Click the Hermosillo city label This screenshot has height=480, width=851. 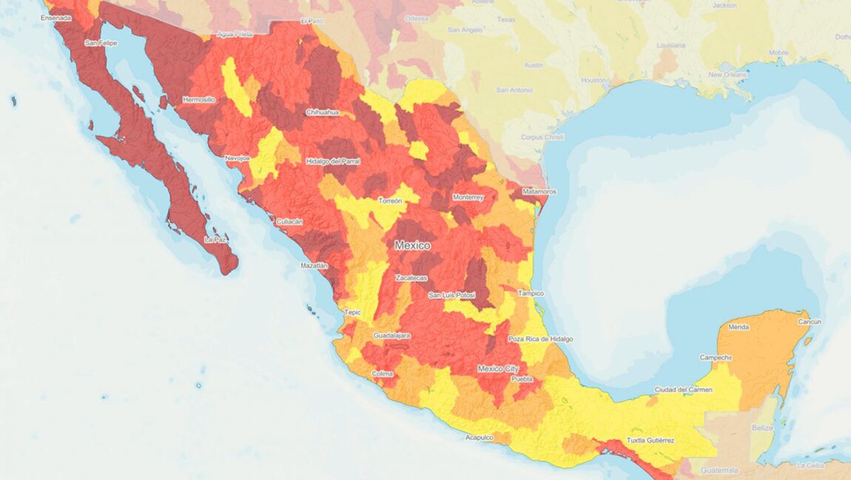pos(198,99)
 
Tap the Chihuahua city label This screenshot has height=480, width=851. pos(322,113)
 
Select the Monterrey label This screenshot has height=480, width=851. pos(468,198)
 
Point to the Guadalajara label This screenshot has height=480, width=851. pos(391,336)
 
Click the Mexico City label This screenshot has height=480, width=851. pos(498,368)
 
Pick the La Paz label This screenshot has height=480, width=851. pos(215,240)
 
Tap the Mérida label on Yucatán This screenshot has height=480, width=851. pos(739,327)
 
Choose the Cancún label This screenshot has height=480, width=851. pos(810,322)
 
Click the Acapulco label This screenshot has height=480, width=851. pos(479,437)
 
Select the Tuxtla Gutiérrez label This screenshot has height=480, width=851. pos(650,440)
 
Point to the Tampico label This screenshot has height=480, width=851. pos(531,293)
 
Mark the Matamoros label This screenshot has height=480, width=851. pos(539,192)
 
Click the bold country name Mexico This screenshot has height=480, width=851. pos(412,245)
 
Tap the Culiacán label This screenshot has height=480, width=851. pos(289,221)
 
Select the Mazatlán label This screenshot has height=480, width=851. pos(314,265)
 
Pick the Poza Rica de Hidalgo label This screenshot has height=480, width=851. pos(540,339)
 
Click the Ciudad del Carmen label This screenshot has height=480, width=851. pos(684,390)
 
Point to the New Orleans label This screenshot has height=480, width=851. pos(727,75)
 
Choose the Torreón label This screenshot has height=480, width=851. pos(390,201)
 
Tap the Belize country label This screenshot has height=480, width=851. pos(762,428)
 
